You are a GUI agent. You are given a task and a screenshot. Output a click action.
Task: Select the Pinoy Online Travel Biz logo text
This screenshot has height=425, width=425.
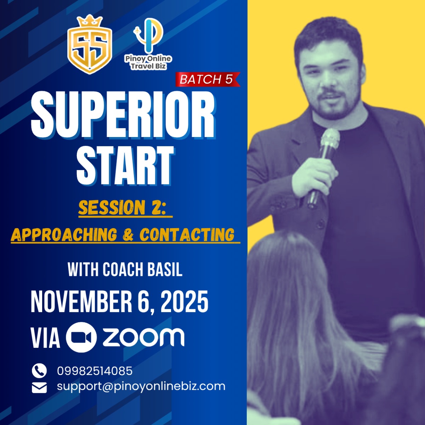click(x=148, y=62)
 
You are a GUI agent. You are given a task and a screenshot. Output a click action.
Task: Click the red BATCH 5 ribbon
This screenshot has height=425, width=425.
click(x=208, y=79)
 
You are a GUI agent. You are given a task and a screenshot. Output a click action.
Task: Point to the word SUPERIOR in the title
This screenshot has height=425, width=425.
click(x=123, y=114)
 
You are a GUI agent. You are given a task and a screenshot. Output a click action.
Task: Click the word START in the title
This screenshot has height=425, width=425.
click(x=125, y=165)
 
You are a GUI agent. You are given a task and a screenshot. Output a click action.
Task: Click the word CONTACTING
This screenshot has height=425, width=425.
click(x=187, y=234)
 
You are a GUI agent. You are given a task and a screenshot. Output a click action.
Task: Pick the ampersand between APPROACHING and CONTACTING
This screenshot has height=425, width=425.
click(x=128, y=234)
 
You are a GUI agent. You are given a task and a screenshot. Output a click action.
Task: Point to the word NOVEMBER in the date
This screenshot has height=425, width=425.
click(x=81, y=301)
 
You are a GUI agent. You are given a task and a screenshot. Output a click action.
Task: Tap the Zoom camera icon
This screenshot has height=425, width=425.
click(x=81, y=338)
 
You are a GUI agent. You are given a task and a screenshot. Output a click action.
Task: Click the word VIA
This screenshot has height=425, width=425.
click(x=45, y=338)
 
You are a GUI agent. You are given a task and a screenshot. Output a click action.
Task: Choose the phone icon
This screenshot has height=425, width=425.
click(x=39, y=370)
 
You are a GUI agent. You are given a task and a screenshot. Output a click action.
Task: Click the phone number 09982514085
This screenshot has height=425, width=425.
click(x=95, y=371)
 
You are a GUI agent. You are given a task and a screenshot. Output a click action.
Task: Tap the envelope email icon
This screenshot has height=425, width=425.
click(x=39, y=388)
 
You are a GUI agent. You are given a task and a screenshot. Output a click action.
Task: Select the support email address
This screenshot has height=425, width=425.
click(x=141, y=387)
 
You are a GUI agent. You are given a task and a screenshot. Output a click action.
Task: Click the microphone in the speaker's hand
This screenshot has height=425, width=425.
click(x=324, y=168)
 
